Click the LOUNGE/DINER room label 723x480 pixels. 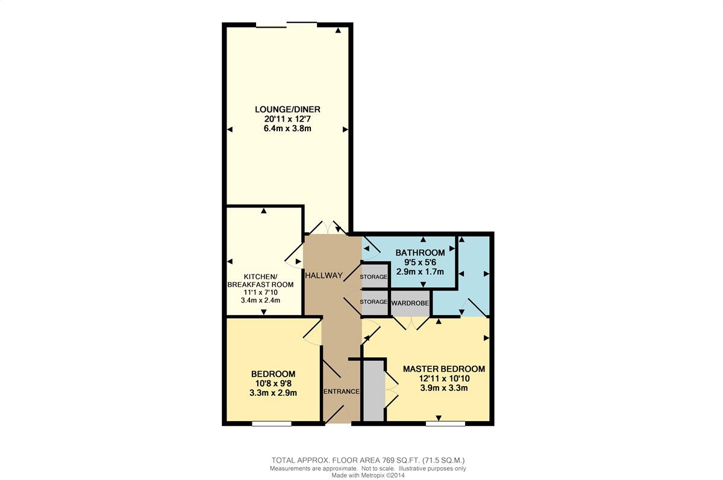[287, 109]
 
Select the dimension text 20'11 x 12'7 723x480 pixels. [287, 119]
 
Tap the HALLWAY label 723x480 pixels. [324, 275]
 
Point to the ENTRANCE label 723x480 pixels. [342, 392]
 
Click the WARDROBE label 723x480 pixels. [410, 303]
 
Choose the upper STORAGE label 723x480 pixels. [374, 277]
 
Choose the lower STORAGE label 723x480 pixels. [374, 301]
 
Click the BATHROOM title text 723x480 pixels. [421, 253]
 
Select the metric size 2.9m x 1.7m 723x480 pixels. [421, 271]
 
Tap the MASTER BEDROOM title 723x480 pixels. [444, 369]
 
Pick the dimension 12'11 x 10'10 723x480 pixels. [444, 378]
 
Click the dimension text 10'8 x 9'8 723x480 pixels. [274, 384]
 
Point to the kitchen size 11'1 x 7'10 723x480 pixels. [260, 292]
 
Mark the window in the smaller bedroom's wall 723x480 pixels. [272, 423]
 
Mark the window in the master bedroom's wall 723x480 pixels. [445, 423]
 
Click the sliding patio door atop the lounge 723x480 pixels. [287, 25]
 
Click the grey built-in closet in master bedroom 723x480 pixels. [374, 391]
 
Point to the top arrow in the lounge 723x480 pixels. [338, 31]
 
